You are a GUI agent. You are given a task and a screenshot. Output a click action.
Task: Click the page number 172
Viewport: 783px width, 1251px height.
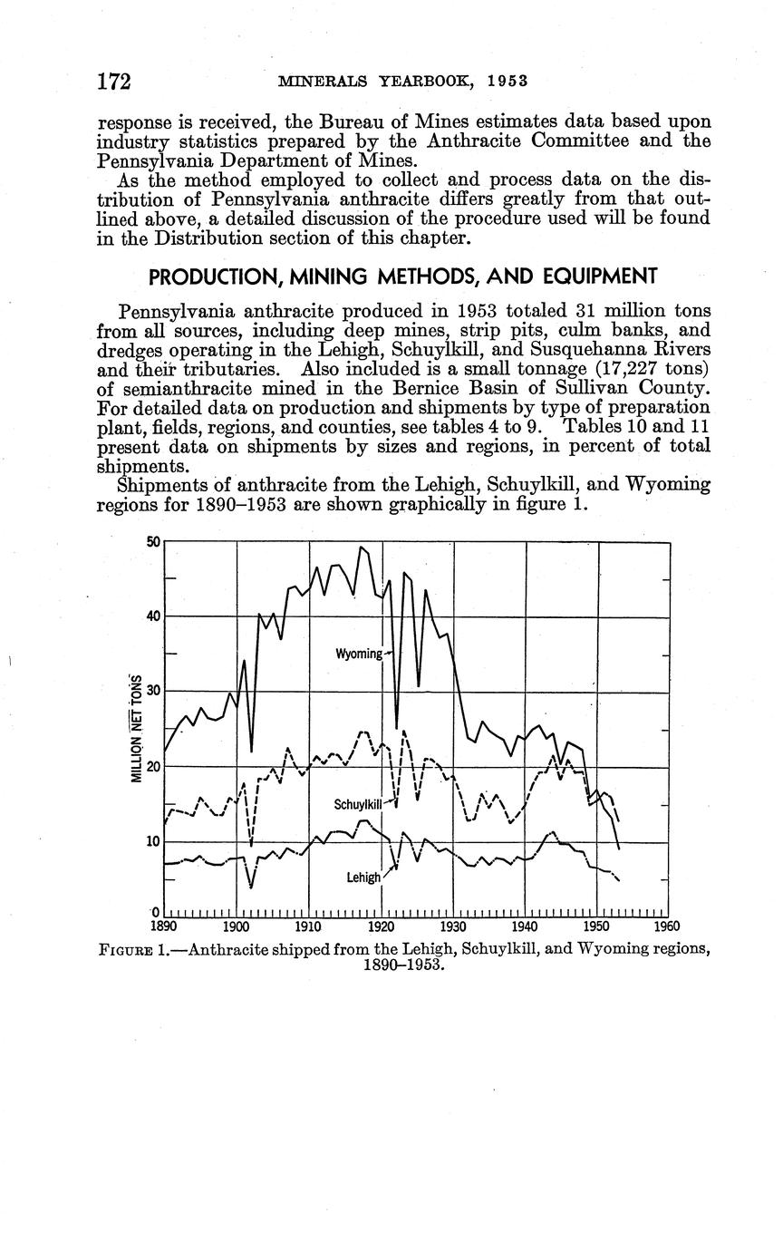(114, 82)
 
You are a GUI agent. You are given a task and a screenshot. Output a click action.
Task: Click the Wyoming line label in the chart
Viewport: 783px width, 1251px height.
(359, 654)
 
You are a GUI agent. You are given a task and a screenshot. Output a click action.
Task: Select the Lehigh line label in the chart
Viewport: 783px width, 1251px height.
(362, 878)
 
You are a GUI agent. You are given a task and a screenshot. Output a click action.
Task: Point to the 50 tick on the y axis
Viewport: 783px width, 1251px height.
(153, 542)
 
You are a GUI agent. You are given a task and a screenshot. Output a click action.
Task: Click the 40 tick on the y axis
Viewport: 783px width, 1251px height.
(153, 616)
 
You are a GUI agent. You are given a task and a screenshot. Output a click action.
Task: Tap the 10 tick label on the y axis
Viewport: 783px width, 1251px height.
(153, 841)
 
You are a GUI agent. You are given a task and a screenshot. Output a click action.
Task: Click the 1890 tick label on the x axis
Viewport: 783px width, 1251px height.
(164, 926)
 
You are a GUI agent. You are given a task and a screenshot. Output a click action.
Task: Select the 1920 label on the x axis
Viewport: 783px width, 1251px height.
(381, 926)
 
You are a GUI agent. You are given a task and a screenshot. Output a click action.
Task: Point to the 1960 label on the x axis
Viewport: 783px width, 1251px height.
(666, 926)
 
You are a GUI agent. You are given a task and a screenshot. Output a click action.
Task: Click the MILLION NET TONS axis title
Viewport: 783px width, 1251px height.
(137, 729)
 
